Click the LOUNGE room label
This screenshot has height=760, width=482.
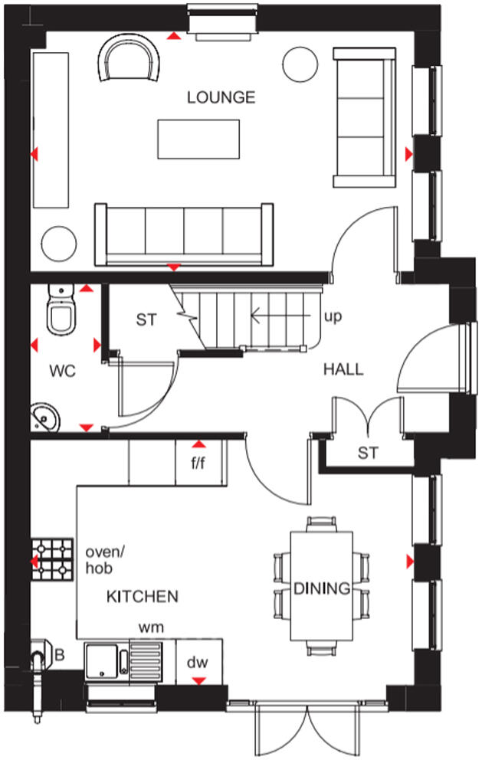221,97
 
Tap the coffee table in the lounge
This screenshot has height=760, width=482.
198,139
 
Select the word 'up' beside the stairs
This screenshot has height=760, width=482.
333,316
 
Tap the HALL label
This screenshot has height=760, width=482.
343,369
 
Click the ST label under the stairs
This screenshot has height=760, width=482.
146,319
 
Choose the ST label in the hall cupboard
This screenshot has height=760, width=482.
368,453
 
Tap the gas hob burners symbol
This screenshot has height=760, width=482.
51,559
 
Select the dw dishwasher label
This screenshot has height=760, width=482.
198,663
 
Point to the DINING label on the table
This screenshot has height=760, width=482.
322,589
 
